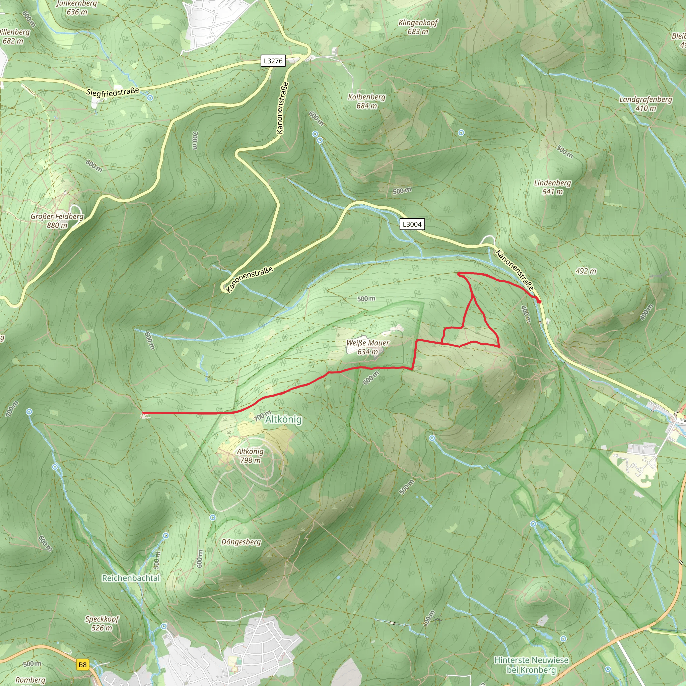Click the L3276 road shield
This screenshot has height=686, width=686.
point(273,61)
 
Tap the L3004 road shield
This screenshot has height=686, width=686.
point(412,224)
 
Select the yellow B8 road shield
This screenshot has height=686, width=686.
point(82,665)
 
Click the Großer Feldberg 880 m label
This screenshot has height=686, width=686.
point(57,220)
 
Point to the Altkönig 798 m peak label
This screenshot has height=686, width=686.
point(250,456)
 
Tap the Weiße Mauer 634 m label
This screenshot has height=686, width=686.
point(367,347)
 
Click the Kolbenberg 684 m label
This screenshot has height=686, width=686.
point(366,101)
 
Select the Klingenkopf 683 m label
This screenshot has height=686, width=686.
point(418,27)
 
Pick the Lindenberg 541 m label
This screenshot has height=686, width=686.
point(552,187)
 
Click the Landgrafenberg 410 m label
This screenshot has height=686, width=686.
point(645,104)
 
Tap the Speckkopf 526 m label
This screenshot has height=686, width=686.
point(102,623)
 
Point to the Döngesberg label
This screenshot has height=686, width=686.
point(241,542)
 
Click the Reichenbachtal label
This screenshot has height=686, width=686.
point(131,578)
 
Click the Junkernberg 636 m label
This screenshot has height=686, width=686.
point(77,7)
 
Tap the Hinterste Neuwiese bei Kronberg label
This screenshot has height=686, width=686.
point(531,665)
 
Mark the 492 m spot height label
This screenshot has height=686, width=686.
point(586,271)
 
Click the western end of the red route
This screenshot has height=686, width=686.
point(143,413)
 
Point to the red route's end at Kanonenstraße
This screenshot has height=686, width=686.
point(539,301)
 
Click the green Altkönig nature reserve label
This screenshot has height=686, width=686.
point(283,419)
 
